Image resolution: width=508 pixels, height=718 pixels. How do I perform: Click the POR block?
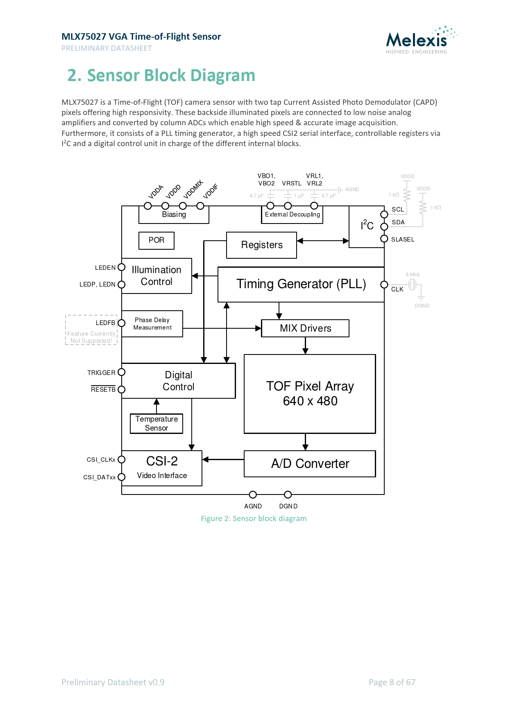156,240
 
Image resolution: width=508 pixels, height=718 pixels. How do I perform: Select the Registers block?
261,245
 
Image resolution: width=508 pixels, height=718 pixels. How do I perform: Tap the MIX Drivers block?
305,328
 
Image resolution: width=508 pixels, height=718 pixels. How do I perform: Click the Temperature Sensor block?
156,423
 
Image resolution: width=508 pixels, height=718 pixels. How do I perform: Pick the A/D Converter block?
310,463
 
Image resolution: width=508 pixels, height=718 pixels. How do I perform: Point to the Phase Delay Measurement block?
152,324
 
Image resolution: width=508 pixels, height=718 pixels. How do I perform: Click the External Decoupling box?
292,214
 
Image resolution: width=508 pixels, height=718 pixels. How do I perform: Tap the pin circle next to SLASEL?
384,239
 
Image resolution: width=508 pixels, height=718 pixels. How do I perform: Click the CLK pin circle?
384,284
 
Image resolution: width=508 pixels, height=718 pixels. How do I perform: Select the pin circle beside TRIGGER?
121,372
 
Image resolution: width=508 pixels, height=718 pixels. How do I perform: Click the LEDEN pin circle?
121,267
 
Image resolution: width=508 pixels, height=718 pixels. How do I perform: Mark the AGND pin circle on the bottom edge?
253,494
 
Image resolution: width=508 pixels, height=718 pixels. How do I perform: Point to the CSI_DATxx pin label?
99,477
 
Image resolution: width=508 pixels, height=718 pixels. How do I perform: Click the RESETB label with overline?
103,389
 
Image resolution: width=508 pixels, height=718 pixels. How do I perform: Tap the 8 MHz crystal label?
413,275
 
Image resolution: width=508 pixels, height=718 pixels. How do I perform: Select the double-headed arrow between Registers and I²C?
323,241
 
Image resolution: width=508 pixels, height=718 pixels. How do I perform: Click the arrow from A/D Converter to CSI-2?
223,459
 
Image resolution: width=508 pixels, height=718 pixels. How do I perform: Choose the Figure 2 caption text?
254,519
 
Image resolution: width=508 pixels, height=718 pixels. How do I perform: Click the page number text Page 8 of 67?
392,682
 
